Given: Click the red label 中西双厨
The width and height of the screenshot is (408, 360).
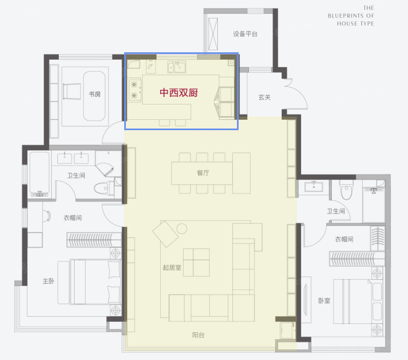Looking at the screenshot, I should pyautogui.click(x=178, y=93).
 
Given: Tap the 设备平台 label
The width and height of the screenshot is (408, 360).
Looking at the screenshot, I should pyautogui.click(x=245, y=34).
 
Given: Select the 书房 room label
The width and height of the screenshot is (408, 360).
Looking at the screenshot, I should pyautogui.click(x=95, y=94).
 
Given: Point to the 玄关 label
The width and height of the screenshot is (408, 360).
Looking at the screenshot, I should pyautogui.click(x=265, y=97).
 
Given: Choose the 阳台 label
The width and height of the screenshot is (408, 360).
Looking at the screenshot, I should pyautogui.click(x=198, y=335).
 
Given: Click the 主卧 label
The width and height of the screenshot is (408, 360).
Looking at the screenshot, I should pyautogui.click(x=48, y=281).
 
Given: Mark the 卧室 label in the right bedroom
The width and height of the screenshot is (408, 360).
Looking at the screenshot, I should pyautogui.click(x=324, y=301).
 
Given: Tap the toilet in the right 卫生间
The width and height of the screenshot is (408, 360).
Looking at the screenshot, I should pyautogui.click(x=346, y=192).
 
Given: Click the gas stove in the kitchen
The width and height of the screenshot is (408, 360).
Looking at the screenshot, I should pyautogui.click(x=135, y=90).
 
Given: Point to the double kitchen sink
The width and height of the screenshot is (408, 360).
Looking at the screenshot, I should pyautogui.click(x=177, y=67).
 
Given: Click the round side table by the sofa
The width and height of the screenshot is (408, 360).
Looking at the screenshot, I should pyautogui.click(x=182, y=228).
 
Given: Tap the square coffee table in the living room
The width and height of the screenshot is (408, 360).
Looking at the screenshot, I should pyautogui.click(x=196, y=261).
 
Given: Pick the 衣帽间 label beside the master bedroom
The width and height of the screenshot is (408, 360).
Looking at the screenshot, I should pyautogui.click(x=72, y=218).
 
